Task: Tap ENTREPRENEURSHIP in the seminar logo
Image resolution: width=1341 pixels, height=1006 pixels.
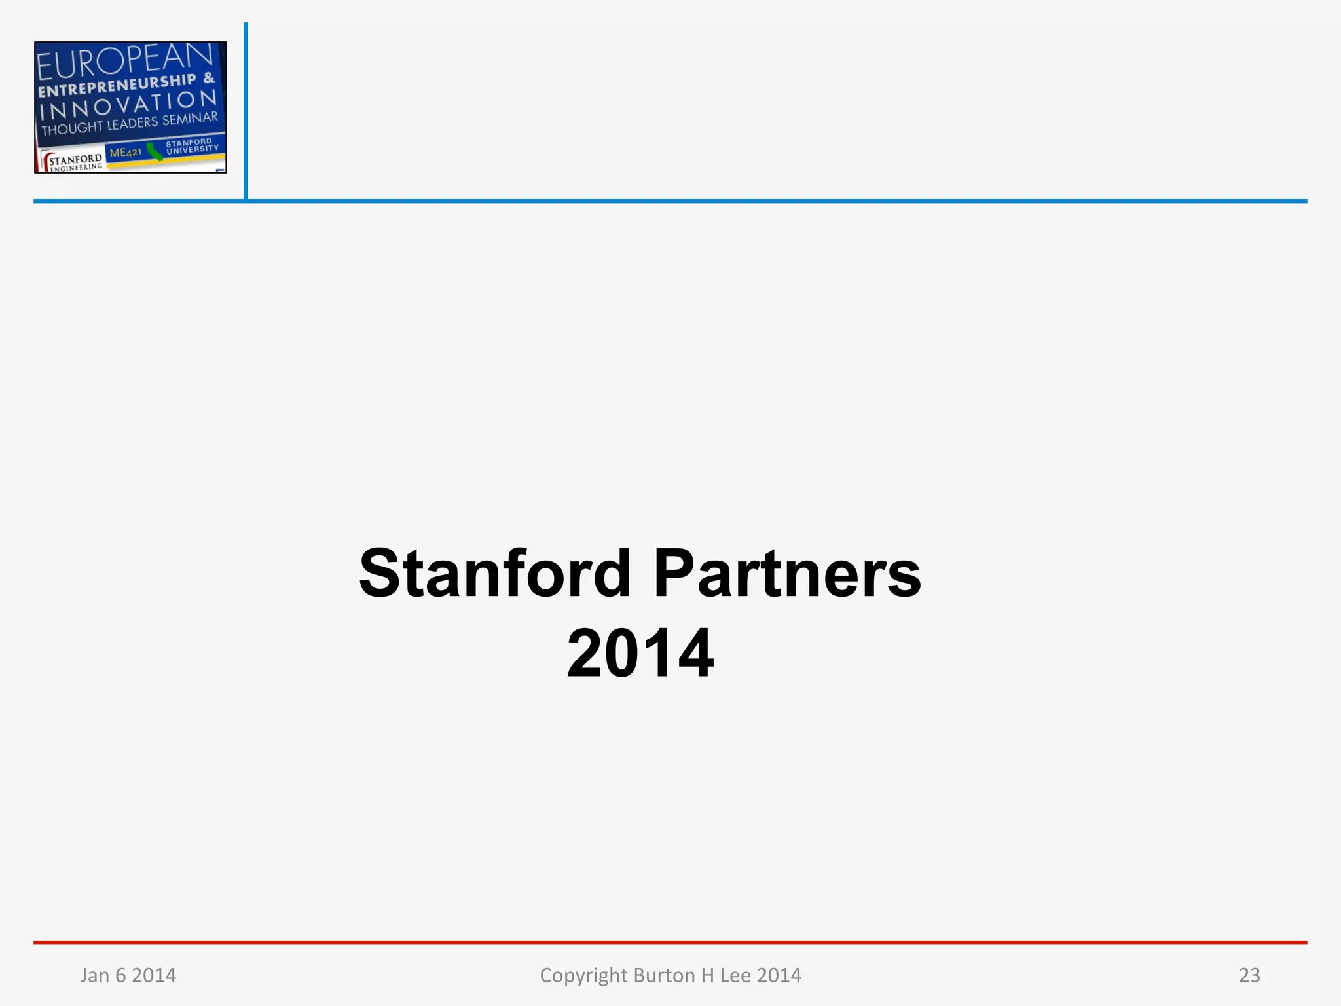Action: tap(117, 86)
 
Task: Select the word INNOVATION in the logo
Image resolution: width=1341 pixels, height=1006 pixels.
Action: tap(128, 105)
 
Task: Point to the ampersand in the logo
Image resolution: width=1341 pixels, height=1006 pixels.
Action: tap(208, 78)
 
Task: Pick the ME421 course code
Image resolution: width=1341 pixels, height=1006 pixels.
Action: tap(125, 153)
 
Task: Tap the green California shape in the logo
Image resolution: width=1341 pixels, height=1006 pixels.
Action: tap(155, 152)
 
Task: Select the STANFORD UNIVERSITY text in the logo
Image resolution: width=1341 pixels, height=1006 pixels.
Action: tap(191, 145)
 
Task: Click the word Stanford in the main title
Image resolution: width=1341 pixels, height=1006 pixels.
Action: tap(494, 574)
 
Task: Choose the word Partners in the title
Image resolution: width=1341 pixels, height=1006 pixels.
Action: tap(787, 574)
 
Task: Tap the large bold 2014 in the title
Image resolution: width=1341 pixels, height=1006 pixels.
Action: tap(640, 653)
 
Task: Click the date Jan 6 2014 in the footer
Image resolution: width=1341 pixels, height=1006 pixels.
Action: tap(128, 975)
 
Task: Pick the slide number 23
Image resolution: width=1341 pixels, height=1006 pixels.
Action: tap(1249, 975)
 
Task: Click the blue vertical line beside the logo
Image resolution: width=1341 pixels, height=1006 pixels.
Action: tap(246, 111)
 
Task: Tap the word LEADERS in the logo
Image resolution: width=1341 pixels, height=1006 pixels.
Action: tap(132, 123)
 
